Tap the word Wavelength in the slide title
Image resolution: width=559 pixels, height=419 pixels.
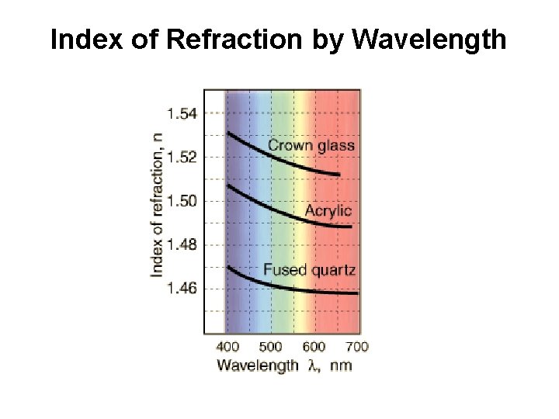click(x=428, y=40)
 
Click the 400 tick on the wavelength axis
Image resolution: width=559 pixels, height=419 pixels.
click(x=227, y=346)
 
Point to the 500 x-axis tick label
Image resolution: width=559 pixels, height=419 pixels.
click(x=270, y=346)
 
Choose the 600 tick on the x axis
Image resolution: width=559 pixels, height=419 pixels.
click(x=314, y=346)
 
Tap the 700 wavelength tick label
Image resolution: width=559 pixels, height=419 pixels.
click(x=356, y=346)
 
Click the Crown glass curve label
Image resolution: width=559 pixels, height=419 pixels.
click(x=311, y=145)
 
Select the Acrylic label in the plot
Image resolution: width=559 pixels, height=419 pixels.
click(x=328, y=210)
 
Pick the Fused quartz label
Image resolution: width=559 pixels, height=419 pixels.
click(x=309, y=270)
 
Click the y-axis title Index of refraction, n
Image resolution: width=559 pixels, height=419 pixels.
click(x=158, y=204)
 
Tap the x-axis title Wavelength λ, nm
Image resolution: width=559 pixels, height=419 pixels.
click(x=283, y=365)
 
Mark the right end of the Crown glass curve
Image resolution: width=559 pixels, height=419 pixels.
click(x=339, y=175)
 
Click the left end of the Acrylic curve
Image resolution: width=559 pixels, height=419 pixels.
click(x=227, y=186)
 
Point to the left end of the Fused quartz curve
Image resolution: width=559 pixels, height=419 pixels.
click(x=227, y=268)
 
